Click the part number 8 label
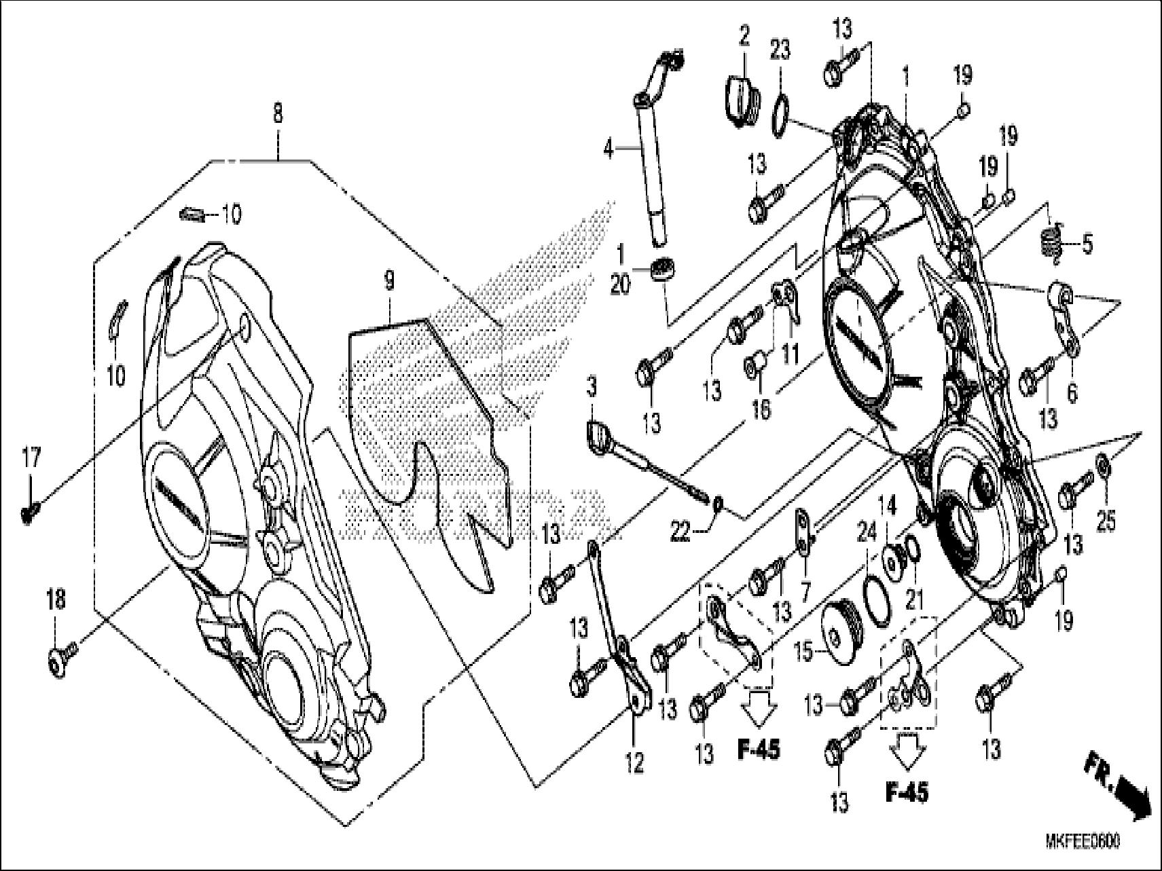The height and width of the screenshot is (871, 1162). point(277,113)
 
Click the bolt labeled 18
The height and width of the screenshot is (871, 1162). point(58,658)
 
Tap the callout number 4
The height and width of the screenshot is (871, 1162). point(609,149)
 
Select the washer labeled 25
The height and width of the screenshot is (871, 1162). point(1104,465)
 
